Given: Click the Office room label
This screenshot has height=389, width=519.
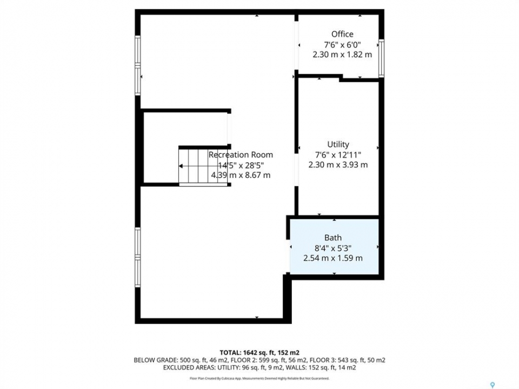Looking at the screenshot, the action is pos(342,34).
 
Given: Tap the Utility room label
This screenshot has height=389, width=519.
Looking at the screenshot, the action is pos(338,144).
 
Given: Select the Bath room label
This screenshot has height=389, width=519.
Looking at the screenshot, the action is pos(333,238).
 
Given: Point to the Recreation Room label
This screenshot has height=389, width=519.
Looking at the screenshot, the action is pos(241,155).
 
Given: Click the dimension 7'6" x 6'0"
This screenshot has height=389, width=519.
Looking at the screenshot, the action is pos(342,44).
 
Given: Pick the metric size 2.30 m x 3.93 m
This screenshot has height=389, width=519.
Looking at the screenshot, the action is pos(338,165).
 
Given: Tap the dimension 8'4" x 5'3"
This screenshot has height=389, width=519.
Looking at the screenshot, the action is pos(333,248).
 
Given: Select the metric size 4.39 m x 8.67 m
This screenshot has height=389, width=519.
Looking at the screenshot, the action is pos(241,175).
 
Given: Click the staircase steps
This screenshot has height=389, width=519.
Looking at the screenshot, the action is pos(203,166).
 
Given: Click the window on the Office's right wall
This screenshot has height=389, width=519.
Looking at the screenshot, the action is pos(381,58).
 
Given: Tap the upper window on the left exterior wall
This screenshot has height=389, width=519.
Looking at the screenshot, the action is pos(138,65).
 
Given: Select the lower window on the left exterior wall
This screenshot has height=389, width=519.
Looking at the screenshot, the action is pos(138,257).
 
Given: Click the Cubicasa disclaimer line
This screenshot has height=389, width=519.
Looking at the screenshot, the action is pos(259,378).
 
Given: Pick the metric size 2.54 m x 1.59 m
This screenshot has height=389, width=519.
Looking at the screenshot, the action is pos(333,258).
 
